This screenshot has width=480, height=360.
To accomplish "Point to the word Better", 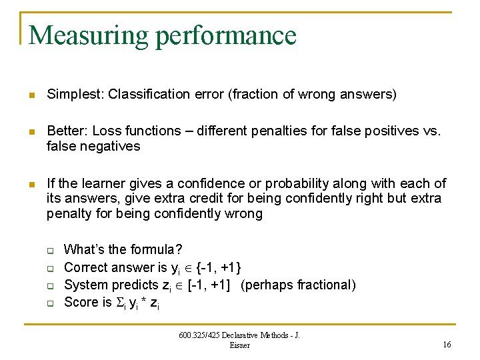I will (x=65, y=131).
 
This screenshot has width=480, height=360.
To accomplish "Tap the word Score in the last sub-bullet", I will (x=80, y=302).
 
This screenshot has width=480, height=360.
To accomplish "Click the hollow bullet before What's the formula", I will (x=49, y=251).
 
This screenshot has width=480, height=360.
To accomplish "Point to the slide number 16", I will (x=446, y=344).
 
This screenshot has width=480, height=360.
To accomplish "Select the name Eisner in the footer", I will (x=239, y=345).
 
